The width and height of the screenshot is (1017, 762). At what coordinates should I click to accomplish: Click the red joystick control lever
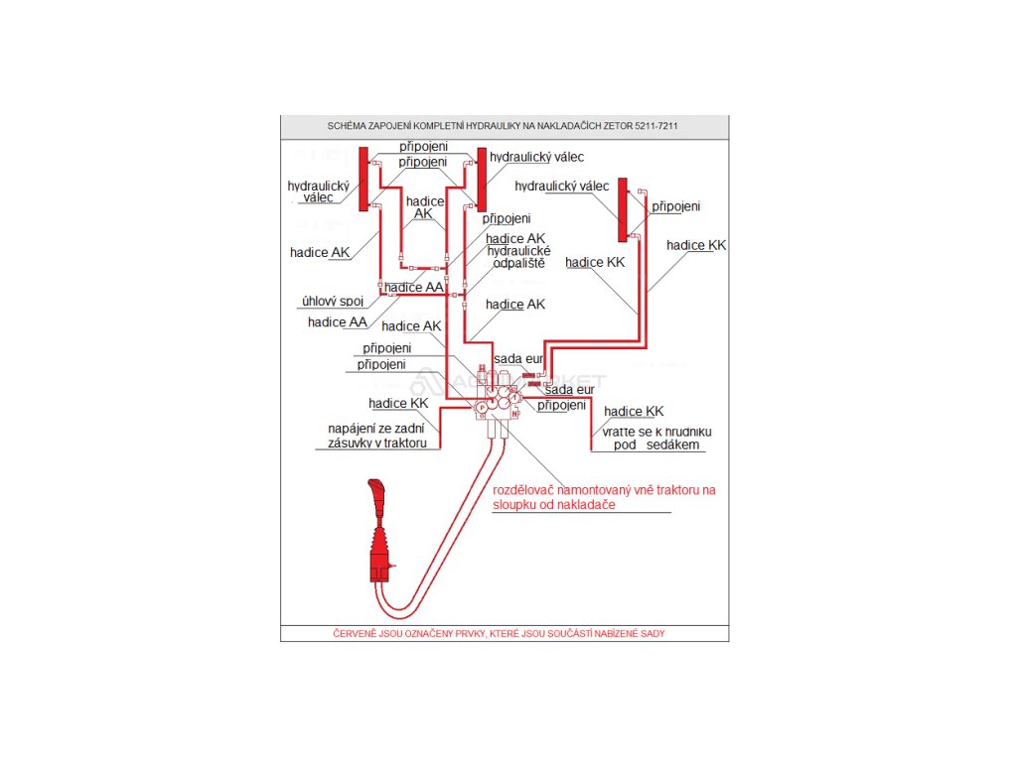tap(381, 536)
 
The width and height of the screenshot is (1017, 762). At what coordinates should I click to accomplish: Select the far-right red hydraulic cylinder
tap(623, 208)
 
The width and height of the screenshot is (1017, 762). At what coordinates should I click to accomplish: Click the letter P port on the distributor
tap(482, 407)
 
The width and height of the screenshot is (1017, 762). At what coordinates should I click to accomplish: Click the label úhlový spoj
tap(333, 301)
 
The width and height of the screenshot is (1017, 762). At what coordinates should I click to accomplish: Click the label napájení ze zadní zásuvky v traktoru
tap(376, 436)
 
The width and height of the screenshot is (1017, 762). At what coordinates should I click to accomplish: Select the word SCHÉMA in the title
tap(349, 127)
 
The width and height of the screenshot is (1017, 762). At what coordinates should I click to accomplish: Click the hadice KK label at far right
tap(696, 245)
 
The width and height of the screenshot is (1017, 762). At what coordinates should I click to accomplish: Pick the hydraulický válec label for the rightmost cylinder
tap(561, 186)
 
